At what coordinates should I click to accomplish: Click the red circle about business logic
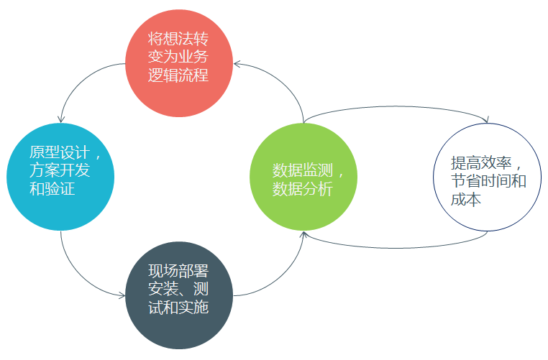179,63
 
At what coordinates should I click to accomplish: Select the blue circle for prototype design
60,177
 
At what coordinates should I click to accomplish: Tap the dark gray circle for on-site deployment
179,295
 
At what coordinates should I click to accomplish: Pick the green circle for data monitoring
303,177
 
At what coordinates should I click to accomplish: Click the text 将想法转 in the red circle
178,38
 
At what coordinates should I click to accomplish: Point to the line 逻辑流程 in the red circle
178,75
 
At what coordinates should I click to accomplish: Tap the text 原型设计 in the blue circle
60,152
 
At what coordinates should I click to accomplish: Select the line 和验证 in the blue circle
52,189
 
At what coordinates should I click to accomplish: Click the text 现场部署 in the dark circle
178,271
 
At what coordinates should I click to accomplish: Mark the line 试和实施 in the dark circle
178,308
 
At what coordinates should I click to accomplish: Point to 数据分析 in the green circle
303,189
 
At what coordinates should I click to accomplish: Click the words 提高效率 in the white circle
481,162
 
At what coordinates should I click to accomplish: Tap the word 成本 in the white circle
466,199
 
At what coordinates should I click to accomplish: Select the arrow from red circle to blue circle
79,79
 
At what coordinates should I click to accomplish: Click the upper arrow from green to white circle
395,106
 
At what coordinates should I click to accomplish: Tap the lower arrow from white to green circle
395,248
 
